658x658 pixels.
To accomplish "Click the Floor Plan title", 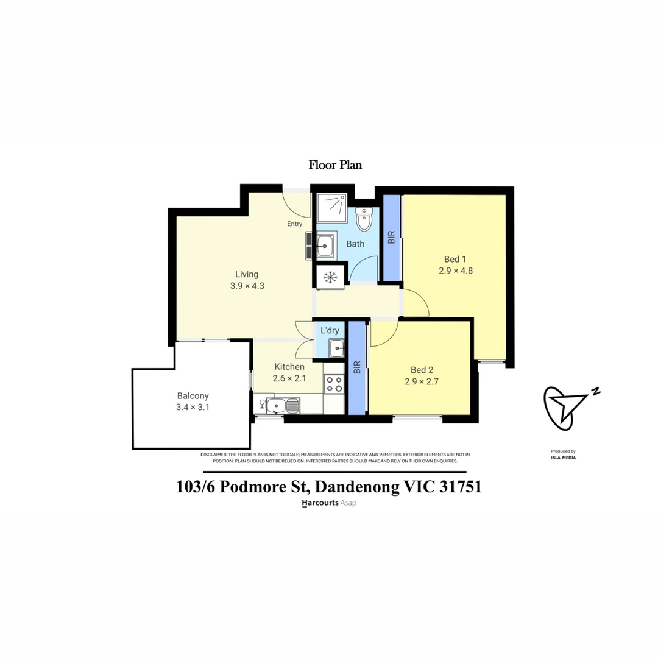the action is click(335, 165).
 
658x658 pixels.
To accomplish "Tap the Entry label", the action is click(295, 224).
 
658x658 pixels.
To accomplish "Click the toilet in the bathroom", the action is click(363, 219).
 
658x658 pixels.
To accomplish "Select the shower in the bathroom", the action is click(331, 208).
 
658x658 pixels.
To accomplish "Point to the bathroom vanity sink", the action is click(325, 246).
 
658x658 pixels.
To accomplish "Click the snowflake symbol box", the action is click(330, 277).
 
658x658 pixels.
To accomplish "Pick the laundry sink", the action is click(336, 348).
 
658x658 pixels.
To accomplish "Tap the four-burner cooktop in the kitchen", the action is click(334, 384).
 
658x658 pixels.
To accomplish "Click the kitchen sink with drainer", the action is click(283, 406).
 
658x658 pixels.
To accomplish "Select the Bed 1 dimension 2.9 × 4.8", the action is click(456, 271).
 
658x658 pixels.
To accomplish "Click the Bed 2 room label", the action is click(422, 370).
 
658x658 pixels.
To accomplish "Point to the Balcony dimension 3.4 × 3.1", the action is click(193, 407).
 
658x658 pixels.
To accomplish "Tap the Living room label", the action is click(247, 274).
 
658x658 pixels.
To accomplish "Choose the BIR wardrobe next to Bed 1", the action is click(392, 238).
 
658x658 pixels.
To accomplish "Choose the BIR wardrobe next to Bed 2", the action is click(357, 367).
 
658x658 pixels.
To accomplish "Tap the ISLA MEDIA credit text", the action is click(563, 458).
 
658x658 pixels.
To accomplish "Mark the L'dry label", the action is click(330, 331).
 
